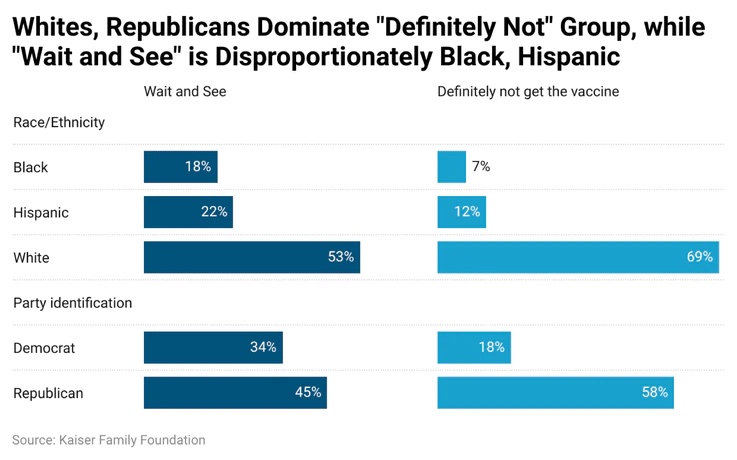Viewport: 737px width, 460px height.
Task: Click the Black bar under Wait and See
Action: click(180, 167)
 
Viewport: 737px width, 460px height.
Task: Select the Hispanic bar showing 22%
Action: click(188, 212)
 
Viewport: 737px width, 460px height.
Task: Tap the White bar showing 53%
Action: click(252, 257)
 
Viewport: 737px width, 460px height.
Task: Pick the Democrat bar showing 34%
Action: click(213, 347)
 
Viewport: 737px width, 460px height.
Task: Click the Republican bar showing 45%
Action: click(235, 392)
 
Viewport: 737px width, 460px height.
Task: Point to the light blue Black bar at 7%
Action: click(452, 167)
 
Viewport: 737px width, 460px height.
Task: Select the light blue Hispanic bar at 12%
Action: click(462, 212)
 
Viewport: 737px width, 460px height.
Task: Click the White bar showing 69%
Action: click(578, 257)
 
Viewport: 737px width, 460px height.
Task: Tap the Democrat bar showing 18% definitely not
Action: click(474, 347)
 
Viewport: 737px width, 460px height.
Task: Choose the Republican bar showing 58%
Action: click(556, 392)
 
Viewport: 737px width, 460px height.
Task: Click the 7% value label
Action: click(481, 166)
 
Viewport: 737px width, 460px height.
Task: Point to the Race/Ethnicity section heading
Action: click(59, 122)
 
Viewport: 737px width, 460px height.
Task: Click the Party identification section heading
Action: click(72, 303)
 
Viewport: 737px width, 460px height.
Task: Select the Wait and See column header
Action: click(185, 91)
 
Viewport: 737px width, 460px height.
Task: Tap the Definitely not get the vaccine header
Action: click(528, 91)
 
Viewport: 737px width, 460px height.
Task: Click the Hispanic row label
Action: click(41, 212)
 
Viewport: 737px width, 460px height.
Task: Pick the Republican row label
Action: click(48, 393)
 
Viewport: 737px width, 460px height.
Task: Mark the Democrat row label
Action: click(44, 348)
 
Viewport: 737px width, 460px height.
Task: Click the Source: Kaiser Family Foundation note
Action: click(109, 440)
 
